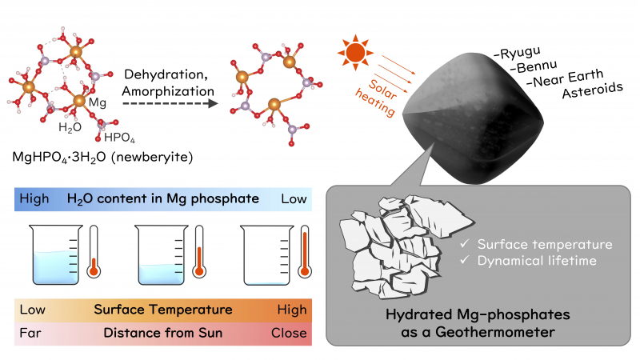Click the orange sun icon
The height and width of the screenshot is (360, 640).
(355, 52)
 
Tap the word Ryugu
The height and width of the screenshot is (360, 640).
(516, 54)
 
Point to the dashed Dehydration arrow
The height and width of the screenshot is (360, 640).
(168, 102)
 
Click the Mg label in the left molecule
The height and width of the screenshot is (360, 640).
(98, 104)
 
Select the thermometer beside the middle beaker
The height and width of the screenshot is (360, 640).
(199, 253)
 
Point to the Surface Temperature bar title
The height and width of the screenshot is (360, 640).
(163, 309)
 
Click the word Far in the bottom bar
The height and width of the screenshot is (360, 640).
(30, 333)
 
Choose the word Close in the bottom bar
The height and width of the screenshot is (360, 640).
(290, 333)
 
